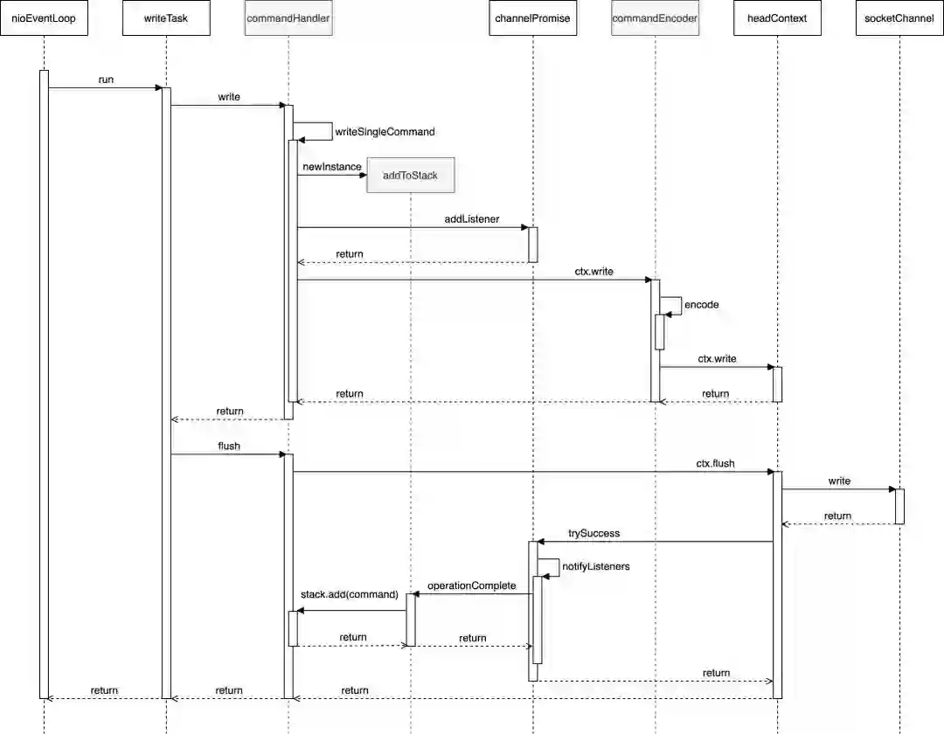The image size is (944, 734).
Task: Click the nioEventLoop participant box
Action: point(44,18)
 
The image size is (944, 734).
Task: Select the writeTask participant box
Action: point(166,18)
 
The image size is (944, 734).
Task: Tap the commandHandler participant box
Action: point(288,18)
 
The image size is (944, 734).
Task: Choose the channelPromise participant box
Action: point(532,18)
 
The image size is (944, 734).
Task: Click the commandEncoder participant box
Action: point(655,18)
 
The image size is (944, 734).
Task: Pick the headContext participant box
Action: point(777,18)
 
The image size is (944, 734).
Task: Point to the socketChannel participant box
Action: point(899,18)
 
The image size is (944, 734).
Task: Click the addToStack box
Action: point(410,176)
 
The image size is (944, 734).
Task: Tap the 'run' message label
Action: point(106,80)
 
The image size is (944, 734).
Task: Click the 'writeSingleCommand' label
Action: point(385,132)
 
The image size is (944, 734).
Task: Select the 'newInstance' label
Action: point(332,166)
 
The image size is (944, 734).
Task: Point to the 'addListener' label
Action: point(471,219)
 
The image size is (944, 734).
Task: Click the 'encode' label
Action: point(701,305)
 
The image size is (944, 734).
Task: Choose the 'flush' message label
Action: point(229,446)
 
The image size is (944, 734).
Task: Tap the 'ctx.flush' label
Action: point(715,463)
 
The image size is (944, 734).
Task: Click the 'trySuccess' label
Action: point(593,533)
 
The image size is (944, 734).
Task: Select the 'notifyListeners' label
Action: point(595,567)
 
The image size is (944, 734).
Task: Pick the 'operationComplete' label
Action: point(471,585)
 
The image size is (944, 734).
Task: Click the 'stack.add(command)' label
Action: point(349,594)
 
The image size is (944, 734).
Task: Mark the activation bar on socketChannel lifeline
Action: point(899,506)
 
